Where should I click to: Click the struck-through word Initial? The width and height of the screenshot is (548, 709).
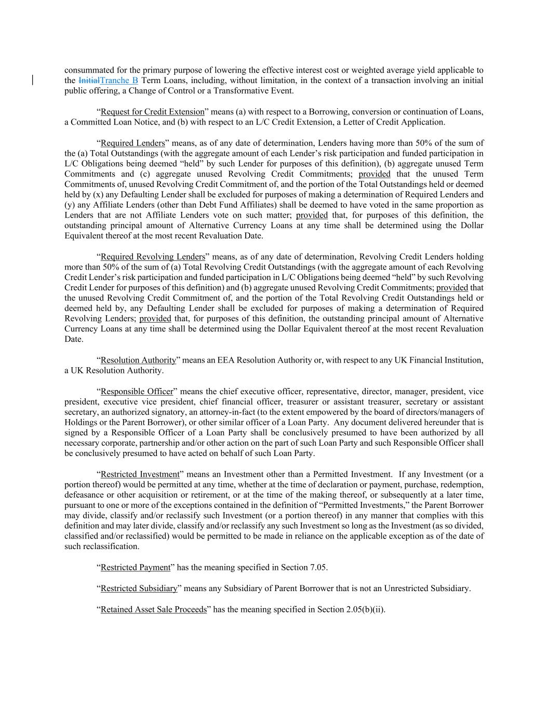pyautogui.click(x=89, y=81)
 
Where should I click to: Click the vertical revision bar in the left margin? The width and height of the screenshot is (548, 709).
pyautogui.click(x=34, y=80)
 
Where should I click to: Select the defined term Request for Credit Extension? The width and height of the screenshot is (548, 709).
pyautogui.click(x=152, y=112)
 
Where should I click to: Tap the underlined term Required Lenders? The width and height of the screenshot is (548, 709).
pyautogui.click(x=132, y=143)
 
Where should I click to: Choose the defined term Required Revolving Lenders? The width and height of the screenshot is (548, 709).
pyautogui.click(x=153, y=257)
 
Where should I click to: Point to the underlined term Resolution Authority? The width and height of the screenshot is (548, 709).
pyautogui.click(x=138, y=360)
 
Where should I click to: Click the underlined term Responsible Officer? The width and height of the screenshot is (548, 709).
pyautogui.click(x=137, y=391)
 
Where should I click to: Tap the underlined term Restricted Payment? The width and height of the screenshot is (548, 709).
pyautogui.click(x=135, y=567)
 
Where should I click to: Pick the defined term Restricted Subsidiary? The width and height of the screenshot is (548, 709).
pyautogui.click(x=139, y=588)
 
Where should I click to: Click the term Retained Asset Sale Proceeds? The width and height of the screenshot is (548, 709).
pyautogui.click(x=153, y=609)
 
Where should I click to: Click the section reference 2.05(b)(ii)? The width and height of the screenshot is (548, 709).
pyautogui.click(x=365, y=609)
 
